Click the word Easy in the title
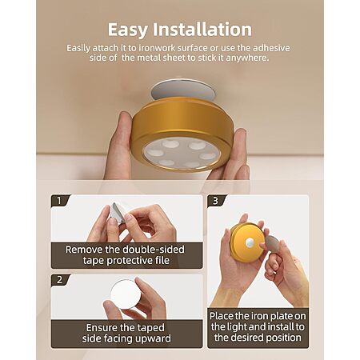coord(127,30)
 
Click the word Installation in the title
coord(202,29)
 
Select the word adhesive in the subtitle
coord(271,48)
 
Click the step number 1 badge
coord(59,201)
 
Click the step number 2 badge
coord(59,280)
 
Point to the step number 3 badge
coord(216,201)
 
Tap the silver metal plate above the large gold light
coord(183,89)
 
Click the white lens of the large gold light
coord(182,154)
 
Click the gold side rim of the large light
coord(182,118)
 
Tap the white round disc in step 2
coord(126,294)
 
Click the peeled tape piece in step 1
coord(117,213)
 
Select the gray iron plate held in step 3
coord(273,244)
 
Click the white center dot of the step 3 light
coord(250,242)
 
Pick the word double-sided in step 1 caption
coord(154,250)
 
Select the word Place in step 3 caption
coord(221,316)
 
